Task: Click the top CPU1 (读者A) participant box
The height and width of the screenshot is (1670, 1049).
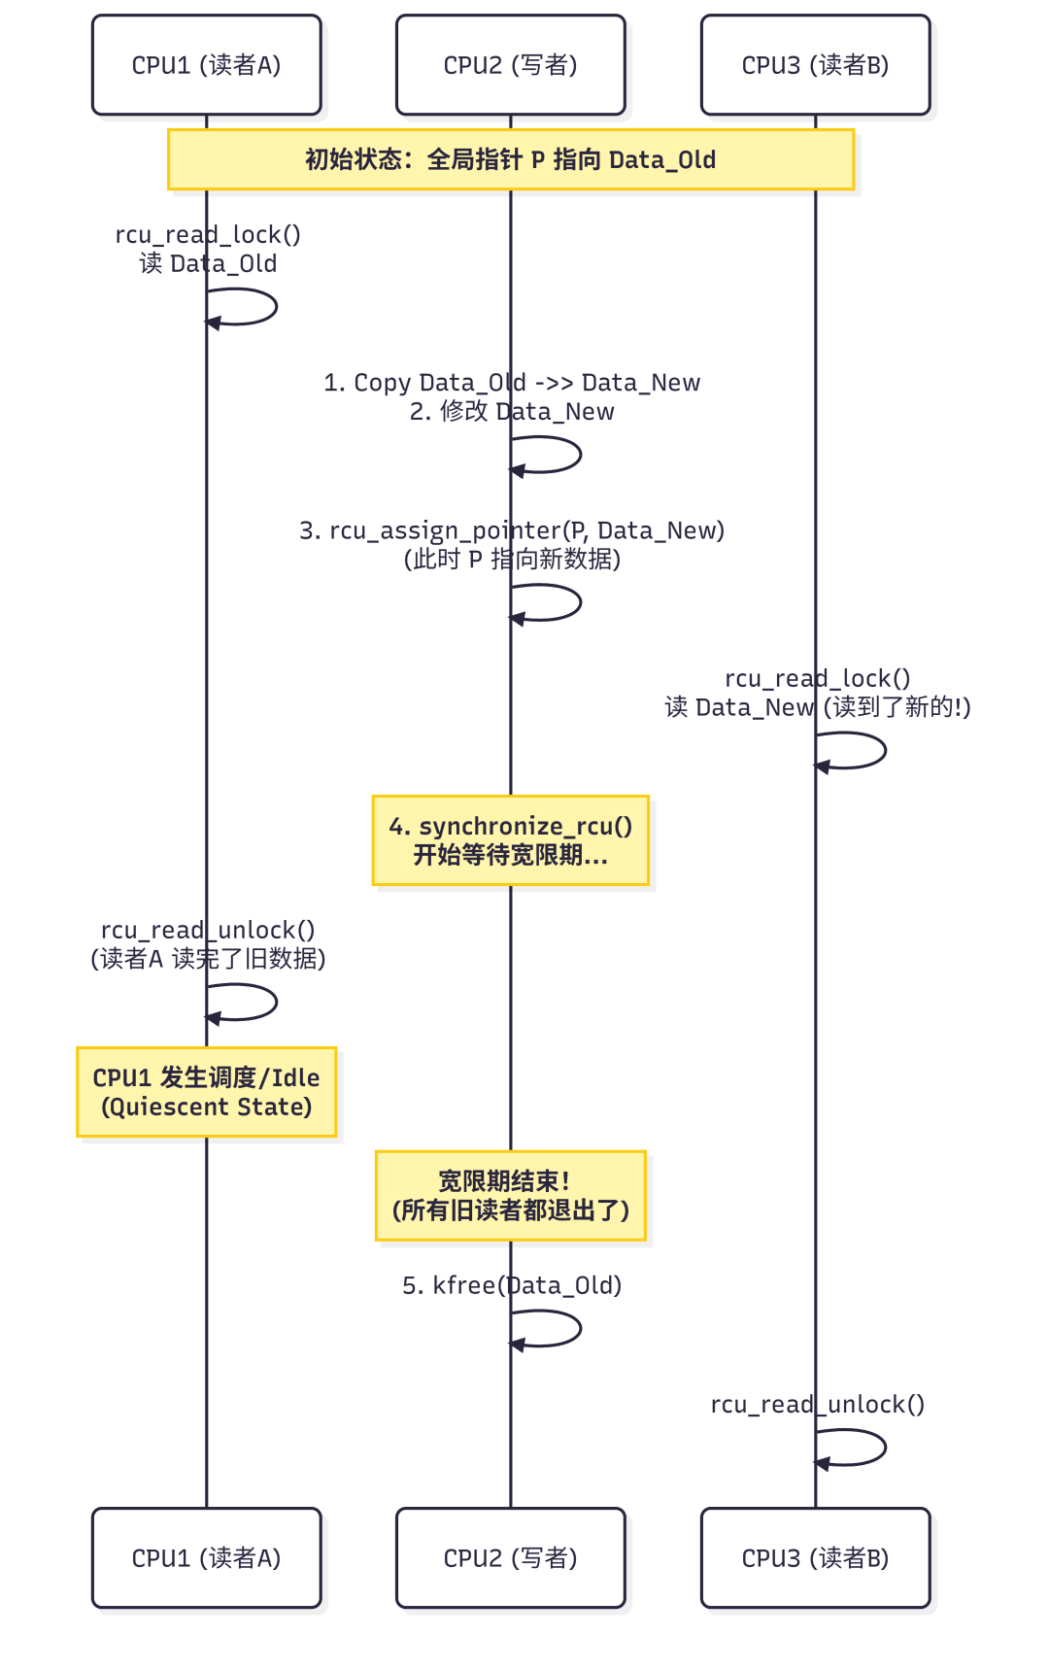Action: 206,65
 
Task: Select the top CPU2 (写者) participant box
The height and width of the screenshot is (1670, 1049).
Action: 510,65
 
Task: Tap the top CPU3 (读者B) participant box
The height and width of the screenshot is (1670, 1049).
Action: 815,65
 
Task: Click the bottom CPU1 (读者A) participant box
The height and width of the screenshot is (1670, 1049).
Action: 206,1557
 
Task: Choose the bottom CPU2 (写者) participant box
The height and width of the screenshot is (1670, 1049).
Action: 510,1557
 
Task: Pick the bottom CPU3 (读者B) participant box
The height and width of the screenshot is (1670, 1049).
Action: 815,1557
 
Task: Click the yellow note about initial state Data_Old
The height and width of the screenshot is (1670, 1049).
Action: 510,159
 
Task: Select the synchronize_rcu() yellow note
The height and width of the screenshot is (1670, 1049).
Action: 510,840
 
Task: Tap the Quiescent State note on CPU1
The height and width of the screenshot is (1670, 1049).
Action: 206,1092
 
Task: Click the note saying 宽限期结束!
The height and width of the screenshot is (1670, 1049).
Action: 510,1196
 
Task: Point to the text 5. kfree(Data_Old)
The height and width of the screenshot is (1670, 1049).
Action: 512,1285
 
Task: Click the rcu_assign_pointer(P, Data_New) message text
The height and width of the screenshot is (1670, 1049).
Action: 512,530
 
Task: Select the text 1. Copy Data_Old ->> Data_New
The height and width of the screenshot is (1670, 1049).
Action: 512,383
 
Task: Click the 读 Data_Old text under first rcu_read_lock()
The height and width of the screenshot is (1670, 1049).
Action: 208,264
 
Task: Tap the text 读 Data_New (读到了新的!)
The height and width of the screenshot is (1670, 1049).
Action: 818,707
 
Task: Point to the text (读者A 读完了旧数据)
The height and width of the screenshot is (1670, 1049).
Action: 208,959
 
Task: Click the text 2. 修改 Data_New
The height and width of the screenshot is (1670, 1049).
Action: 512,412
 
